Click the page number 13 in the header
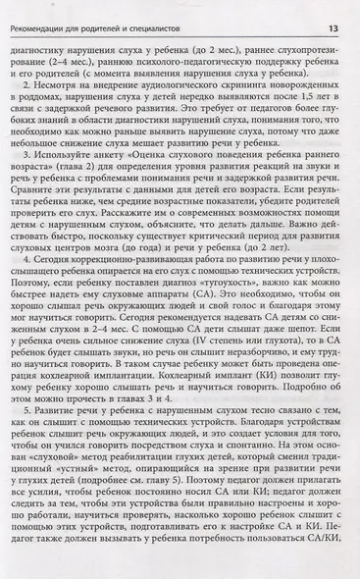point(333,12)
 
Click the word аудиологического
point(196,84)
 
